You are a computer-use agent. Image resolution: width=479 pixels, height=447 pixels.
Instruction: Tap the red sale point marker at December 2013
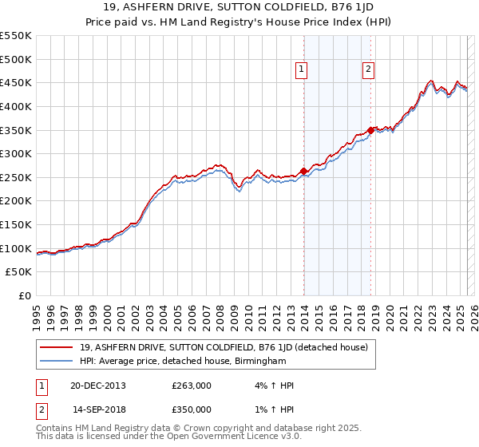tap(304, 171)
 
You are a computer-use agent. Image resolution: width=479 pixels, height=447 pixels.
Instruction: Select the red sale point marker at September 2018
tap(371, 130)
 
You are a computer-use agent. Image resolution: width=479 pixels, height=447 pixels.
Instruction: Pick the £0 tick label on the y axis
tap(24, 295)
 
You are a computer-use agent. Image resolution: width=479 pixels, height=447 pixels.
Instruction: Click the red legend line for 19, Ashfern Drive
tap(56, 348)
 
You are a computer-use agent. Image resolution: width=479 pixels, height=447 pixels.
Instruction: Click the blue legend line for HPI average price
tap(56, 362)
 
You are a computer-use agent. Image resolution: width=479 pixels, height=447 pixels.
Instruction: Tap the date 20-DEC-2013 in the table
tap(97, 386)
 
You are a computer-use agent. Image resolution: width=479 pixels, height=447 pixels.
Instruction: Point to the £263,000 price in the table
tap(192, 386)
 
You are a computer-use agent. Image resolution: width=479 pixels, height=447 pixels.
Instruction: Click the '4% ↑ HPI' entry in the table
tap(272, 386)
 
